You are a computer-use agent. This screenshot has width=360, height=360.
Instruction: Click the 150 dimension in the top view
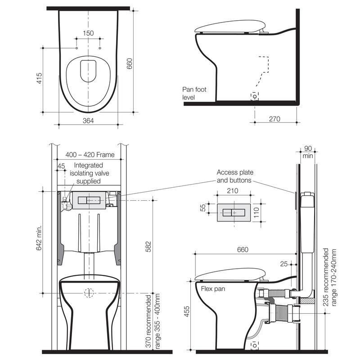88,33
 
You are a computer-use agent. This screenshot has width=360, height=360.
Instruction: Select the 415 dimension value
39,78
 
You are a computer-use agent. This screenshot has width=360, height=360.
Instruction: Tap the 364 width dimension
88,121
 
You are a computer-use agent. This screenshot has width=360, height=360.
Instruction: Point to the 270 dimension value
274,119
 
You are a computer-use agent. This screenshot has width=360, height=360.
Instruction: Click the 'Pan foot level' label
194,93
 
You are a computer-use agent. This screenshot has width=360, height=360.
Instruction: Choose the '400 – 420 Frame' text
90,155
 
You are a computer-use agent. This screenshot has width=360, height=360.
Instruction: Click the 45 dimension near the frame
61,166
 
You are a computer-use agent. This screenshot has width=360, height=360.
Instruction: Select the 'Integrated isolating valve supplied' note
89,173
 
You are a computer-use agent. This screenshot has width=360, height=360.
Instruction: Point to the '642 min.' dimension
39,238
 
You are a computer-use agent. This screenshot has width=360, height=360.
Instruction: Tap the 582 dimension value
148,247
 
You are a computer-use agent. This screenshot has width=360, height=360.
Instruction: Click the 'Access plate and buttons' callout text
235,176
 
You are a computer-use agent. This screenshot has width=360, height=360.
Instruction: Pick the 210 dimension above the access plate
233,190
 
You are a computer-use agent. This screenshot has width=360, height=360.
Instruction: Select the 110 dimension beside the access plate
256,212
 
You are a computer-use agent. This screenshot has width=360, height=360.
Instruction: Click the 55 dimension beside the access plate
203,208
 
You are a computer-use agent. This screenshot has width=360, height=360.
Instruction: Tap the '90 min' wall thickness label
308,152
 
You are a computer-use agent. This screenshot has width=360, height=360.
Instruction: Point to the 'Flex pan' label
213,288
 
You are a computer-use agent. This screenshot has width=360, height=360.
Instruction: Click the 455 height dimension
187,311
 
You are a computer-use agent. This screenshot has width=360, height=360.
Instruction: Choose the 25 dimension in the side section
284,264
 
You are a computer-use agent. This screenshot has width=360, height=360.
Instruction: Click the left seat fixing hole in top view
76,48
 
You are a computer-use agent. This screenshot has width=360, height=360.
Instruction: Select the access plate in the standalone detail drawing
234,212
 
